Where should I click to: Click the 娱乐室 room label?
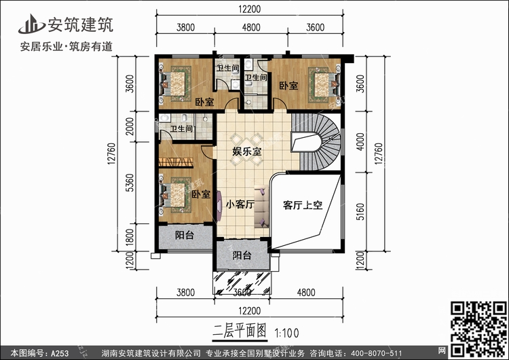(247, 151)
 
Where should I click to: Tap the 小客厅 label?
(240, 204)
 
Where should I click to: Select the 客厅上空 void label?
(303, 205)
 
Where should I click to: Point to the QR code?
(478, 329)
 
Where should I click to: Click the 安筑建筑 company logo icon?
(31, 24)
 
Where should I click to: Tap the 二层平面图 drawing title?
(240, 331)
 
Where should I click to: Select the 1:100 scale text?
(286, 333)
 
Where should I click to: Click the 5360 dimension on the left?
(130, 183)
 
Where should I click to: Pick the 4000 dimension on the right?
(360, 141)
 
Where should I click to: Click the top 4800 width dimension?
(251, 27)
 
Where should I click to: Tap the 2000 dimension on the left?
(130, 126)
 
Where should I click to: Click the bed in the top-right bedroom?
(322, 84)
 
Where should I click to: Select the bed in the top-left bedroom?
(176, 84)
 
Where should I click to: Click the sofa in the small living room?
(262, 206)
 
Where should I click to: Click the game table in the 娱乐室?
(246, 149)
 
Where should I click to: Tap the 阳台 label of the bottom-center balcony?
(242, 255)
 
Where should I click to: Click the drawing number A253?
(60, 353)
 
